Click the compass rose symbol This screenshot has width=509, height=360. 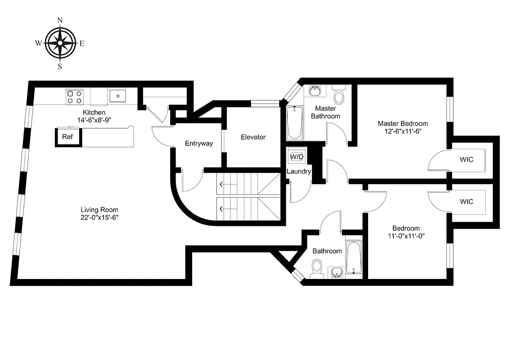(59, 43)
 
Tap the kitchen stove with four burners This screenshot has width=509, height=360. (74, 97)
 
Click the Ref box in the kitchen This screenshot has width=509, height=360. (68, 137)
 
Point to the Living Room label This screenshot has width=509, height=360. (99, 210)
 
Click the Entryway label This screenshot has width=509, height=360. (198, 144)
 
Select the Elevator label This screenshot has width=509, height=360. (253, 137)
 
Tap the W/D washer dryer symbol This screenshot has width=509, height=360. (297, 157)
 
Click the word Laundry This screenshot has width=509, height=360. (299, 171)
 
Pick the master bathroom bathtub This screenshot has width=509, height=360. (295, 122)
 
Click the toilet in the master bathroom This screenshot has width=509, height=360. (339, 95)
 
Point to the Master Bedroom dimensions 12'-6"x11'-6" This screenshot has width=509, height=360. (403, 131)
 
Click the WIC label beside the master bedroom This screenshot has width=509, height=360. (466, 159)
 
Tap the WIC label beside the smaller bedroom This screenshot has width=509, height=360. (466, 202)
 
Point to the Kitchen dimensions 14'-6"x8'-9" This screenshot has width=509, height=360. (94, 120)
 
